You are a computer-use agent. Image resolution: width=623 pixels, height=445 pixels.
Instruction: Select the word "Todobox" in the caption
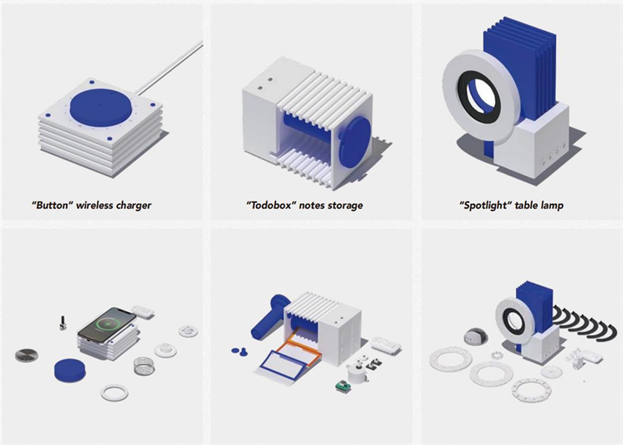271,206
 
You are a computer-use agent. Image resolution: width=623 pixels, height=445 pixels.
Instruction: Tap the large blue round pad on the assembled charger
101,107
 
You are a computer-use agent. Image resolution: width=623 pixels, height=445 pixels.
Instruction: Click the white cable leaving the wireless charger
170,69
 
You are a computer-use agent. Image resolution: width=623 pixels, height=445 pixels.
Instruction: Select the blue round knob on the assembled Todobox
355,142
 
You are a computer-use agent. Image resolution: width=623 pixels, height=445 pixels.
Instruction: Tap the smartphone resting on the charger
108,325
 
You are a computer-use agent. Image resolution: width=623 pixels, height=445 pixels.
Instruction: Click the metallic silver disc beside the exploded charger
27,355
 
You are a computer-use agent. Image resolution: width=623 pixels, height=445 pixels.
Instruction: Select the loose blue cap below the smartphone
70,371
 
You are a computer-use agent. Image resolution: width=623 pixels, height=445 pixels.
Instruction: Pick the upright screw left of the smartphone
62,323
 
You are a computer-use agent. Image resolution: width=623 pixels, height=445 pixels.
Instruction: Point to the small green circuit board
341,386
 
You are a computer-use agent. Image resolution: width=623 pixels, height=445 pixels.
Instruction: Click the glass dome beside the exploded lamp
473,336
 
